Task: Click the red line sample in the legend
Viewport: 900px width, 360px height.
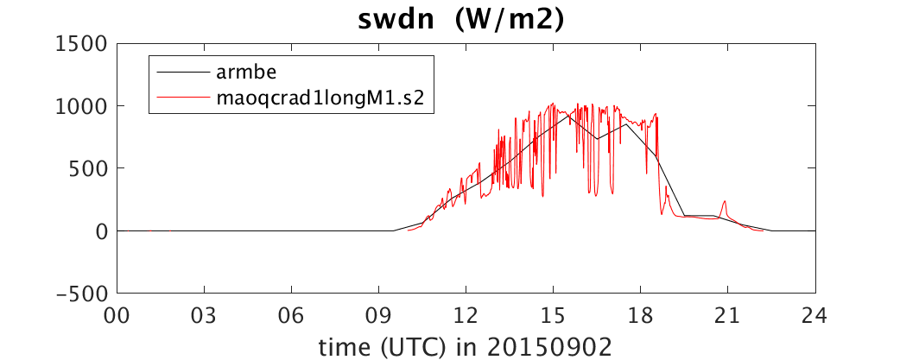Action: click(182, 98)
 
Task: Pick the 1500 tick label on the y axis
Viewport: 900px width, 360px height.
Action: click(83, 44)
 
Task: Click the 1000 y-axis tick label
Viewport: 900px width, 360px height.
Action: click(83, 107)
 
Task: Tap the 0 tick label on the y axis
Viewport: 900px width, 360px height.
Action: click(102, 231)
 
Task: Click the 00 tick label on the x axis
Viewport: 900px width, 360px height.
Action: click(117, 315)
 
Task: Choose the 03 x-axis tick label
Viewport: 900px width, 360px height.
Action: click(205, 315)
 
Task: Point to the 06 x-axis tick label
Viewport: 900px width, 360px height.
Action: click(292, 315)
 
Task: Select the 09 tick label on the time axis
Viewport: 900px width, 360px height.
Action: click(379, 315)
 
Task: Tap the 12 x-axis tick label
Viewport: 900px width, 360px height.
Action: click(466, 315)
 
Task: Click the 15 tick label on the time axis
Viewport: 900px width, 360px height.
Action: click(554, 315)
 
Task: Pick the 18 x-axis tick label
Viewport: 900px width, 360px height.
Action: click(641, 315)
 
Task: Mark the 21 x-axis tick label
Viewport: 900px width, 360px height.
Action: click(728, 315)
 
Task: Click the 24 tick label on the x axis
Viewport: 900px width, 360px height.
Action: click(815, 315)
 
